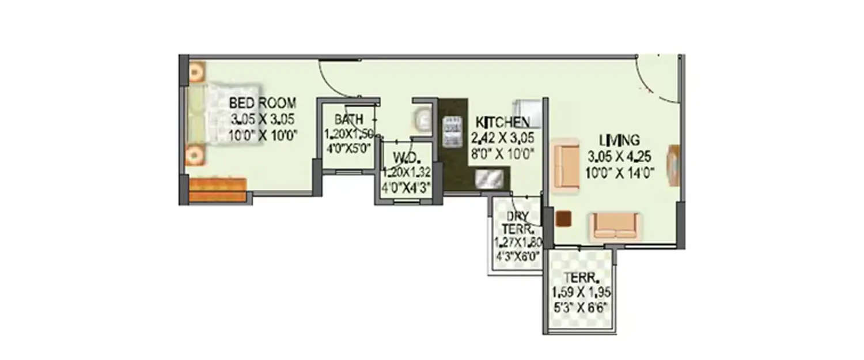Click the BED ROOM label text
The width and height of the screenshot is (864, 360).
tap(263, 104)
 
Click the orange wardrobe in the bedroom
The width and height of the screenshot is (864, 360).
tap(218, 190)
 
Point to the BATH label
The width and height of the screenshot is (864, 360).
tap(348, 120)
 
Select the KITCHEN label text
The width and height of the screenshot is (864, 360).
tap(502, 122)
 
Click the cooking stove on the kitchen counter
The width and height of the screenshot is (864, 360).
tap(453, 132)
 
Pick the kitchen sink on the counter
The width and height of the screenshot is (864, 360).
tap(490, 179)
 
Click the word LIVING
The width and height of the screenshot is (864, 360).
tap(619, 140)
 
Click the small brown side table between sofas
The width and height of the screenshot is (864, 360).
tap(564, 218)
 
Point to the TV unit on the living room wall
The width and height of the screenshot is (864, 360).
tap(673, 165)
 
